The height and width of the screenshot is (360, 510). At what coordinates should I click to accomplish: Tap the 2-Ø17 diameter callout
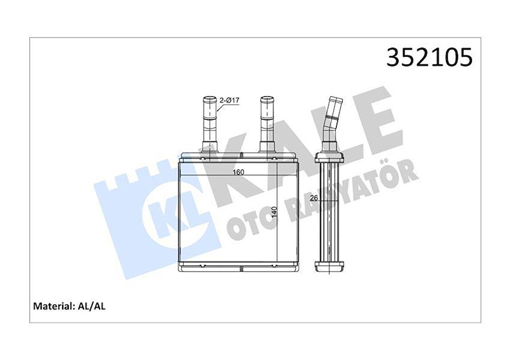click(x=229, y=100)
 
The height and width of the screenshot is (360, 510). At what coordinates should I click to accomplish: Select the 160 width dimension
click(x=238, y=172)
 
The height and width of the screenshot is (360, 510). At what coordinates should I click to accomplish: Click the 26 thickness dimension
click(x=314, y=198)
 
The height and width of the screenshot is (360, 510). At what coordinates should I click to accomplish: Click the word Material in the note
click(x=52, y=306)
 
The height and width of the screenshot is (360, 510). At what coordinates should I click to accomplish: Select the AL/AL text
click(x=91, y=306)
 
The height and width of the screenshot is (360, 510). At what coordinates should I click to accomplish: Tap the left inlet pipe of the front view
click(x=210, y=124)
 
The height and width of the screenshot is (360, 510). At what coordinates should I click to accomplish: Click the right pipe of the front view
click(x=267, y=124)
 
